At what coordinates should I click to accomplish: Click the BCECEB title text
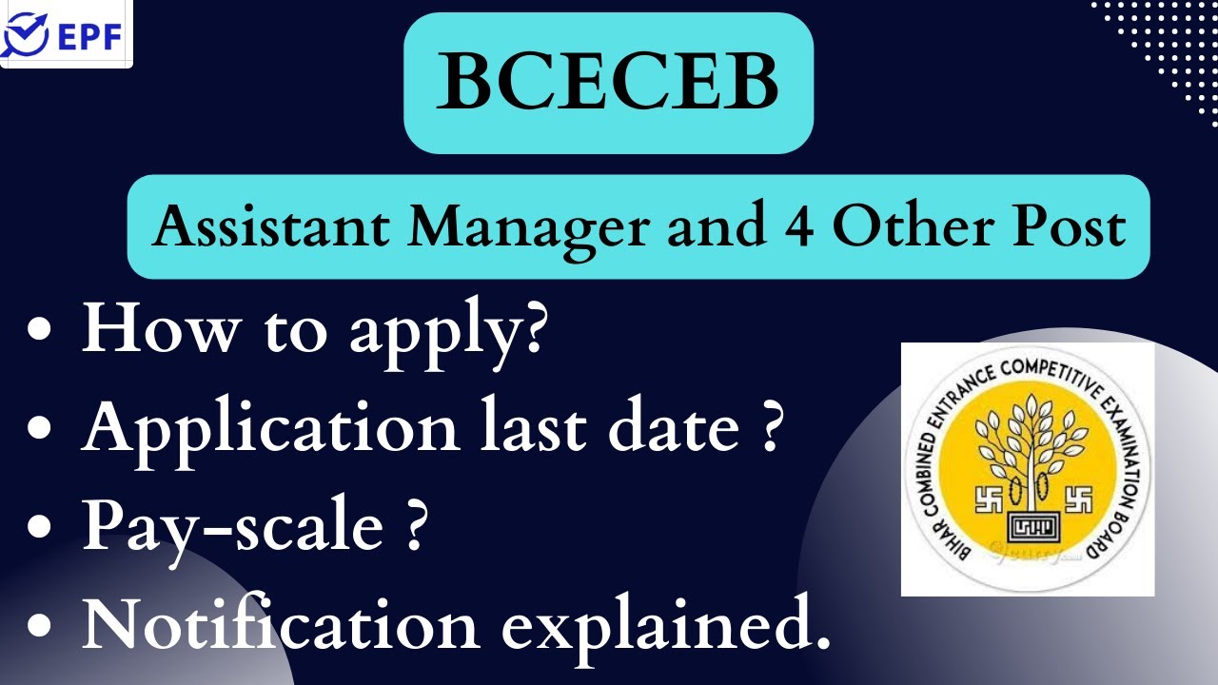click(608, 83)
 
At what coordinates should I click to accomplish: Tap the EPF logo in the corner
click(65, 34)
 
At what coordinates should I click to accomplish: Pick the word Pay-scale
click(232, 527)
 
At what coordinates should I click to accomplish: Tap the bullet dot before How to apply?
click(41, 330)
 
